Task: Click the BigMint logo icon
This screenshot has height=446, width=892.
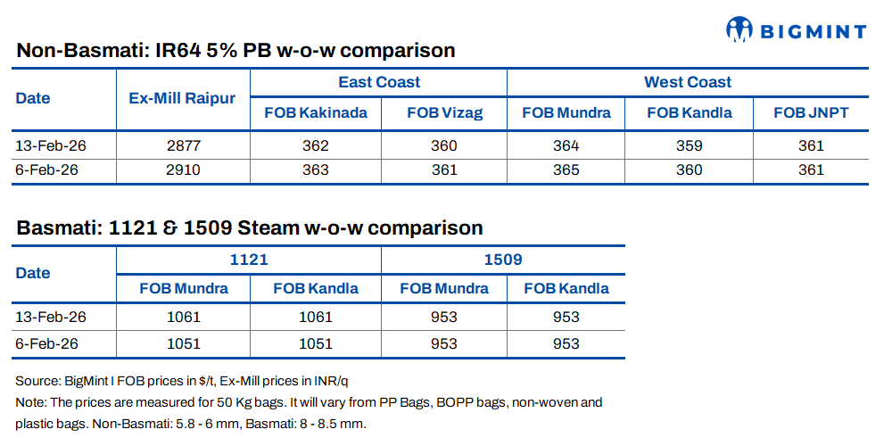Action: click(739, 29)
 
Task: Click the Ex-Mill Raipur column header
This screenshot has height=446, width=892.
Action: click(183, 97)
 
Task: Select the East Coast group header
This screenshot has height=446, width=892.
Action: click(378, 82)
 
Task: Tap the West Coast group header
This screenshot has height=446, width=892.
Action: click(687, 82)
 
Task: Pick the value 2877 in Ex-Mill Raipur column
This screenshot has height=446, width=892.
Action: click(183, 145)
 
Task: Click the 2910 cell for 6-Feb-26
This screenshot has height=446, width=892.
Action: click(183, 169)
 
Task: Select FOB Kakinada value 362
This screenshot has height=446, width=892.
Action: click(315, 145)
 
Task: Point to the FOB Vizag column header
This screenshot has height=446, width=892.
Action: click(443, 112)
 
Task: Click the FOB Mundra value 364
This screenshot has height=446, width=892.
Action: click(566, 145)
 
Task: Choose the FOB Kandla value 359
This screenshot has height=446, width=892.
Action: click(689, 145)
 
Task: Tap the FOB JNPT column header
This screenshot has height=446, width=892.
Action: click(810, 112)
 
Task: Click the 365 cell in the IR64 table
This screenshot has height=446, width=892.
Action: click(566, 169)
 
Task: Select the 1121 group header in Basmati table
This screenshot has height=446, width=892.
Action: click(249, 260)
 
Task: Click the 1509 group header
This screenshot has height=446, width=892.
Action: click(502, 260)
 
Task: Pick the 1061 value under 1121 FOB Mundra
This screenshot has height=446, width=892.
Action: click(183, 317)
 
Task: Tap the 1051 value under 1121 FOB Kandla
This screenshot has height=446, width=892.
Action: click(315, 343)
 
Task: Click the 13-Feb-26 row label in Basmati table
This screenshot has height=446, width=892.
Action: click(51, 317)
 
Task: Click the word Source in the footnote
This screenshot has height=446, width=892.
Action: click(37, 381)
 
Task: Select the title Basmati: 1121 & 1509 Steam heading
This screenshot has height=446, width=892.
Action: click(249, 227)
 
